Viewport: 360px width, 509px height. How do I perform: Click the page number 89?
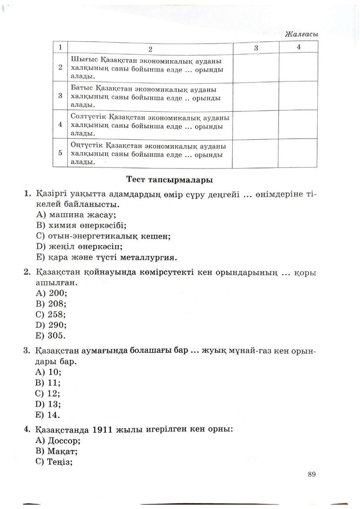click(312, 473)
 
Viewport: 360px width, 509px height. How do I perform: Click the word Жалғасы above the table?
click(302, 34)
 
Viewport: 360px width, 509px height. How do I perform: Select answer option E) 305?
click(51, 335)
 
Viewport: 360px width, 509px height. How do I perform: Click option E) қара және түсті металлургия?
click(107, 257)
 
